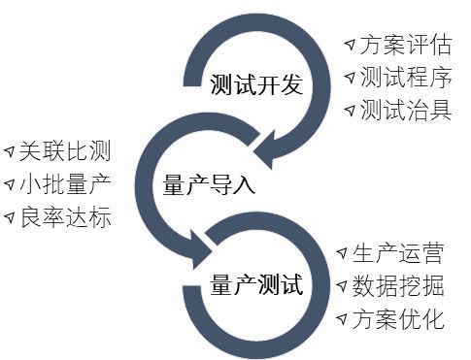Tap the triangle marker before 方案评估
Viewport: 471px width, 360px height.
[x=349, y=46]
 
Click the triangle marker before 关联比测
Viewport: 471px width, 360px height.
[x=9, y=151]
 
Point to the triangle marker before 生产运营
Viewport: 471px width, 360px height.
[x=343, y=254]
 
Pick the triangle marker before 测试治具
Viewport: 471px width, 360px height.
[x=349, y=110]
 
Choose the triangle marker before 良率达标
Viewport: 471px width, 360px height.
[x=9, y=217]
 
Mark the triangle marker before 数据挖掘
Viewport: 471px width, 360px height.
[x=343, y=287]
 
